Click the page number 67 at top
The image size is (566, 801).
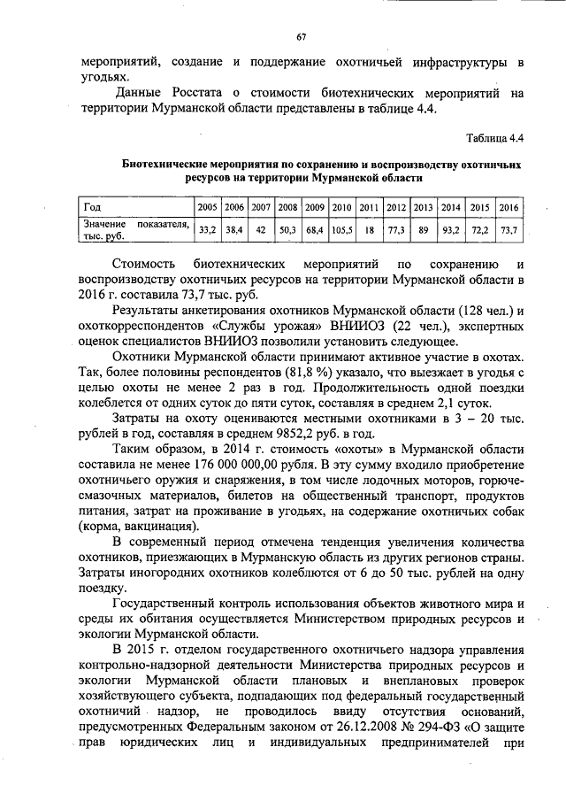pyautogui.click(x=300, y=36)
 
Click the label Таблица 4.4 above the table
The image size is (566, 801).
pyautogui.click(x=495, y=138)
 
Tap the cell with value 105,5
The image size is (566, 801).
pyautogui.click(x=342, y=229)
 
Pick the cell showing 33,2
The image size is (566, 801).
pyautogui.click(x=207, y=229)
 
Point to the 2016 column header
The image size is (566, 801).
pyautogui.click(x=508, y=207)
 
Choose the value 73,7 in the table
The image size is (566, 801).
pyautogui.click(x=508, y=229)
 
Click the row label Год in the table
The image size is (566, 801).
pyautogui.click(x=91, y=207)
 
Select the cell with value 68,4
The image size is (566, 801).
pyautogui.click(x=315, y=229)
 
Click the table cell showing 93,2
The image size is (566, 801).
pyautogui.click(x=450, y=229)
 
